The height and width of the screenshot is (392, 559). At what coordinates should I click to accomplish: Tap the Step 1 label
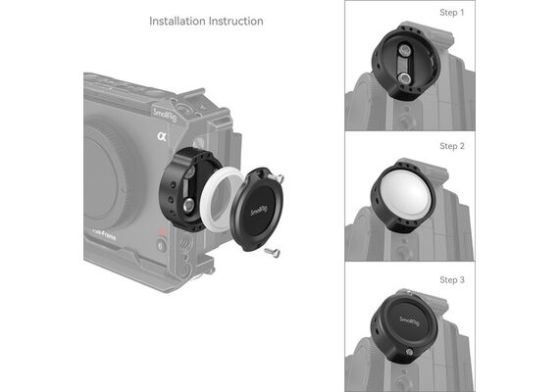tap(452, 13)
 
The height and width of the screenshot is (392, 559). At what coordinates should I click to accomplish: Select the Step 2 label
tap(452, 146)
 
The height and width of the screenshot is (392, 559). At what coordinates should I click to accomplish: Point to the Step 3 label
tap(452, 279)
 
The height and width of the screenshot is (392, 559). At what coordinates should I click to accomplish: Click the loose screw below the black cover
tap(273, 253)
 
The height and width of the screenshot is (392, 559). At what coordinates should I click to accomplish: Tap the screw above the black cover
tap(276, 177)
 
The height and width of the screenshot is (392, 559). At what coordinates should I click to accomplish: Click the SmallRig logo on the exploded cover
tap(259, 211)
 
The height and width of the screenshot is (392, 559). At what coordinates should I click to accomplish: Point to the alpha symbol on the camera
tap(162, 136)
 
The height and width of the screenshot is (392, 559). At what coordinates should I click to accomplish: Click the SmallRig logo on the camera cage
tap(165, 114)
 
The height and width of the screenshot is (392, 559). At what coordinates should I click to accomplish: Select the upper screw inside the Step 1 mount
tap(403, 50)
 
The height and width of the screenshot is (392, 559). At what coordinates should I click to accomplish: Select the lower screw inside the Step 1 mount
tap(403, 78)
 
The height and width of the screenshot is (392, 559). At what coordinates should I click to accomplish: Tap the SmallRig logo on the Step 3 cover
tap(409, 321)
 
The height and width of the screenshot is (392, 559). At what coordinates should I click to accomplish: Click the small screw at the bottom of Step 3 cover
tap(409, 352)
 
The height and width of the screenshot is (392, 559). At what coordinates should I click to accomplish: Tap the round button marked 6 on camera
tap(162, 246)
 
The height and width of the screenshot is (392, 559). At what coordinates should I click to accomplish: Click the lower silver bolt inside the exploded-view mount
tap(188, 205)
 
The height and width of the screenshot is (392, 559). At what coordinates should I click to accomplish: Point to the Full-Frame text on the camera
tap(103, 234)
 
